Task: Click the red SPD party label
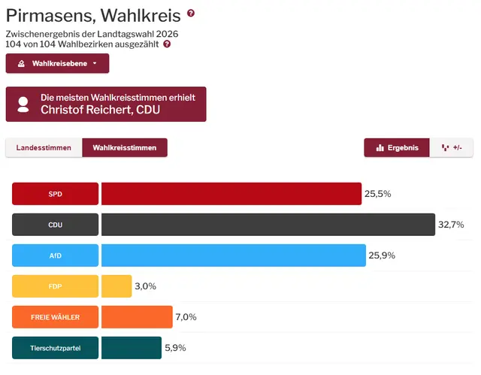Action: click(55, 194)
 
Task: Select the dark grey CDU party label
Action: click(55, 225)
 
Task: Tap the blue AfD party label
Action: click(55, 256)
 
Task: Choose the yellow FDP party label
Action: click(55, 286)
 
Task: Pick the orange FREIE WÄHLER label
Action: click(55, 317)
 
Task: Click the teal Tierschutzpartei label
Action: click(55, 348)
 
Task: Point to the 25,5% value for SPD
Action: click(378, 194)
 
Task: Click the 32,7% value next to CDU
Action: click(451, 225)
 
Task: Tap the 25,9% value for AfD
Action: click(382, 256)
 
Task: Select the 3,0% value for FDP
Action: click(145, 286)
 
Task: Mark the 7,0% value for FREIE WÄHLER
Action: click(186, 317)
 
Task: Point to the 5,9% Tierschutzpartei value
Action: click(175, 348)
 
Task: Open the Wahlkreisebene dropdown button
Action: click(57, 63)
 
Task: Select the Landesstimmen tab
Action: click(44, 148)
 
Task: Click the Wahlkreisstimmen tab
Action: click(125, 148)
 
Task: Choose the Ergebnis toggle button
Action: click(397, 148)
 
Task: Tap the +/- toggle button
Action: click(452, 148)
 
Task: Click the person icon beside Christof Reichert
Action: click(23, 104)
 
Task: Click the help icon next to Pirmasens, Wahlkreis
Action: click(191, 14)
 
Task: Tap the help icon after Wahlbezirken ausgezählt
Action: click(167, 44)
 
